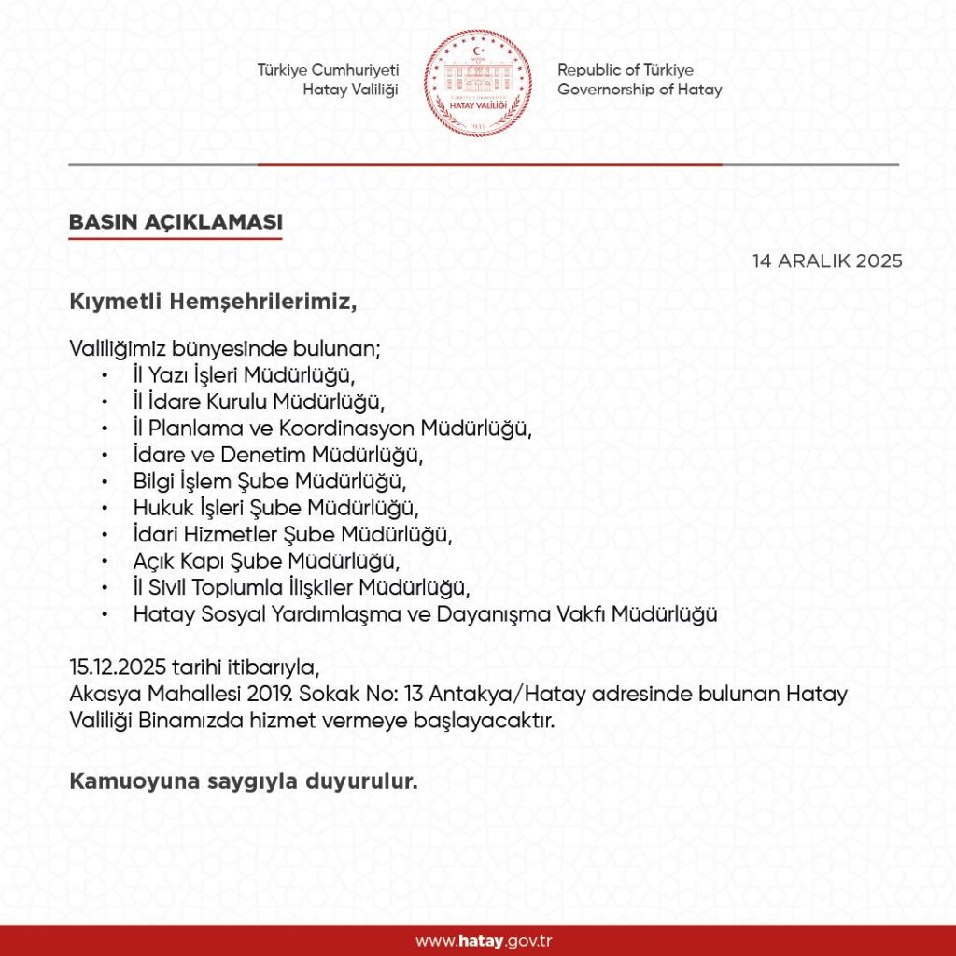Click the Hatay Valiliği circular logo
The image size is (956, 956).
point(478,83)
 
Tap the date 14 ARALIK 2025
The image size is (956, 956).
point(827,261)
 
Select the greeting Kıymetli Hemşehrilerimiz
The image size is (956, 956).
point(214,302)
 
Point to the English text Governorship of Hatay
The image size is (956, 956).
point(639,91)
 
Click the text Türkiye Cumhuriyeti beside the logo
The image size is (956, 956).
point(329,71)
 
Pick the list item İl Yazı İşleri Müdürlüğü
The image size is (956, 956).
point(246,376)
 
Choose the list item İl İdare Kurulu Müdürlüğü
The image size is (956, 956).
point(259,402)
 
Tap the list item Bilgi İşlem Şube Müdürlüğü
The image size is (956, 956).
point(271,483)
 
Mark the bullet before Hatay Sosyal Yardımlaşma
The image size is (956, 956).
point(107,615)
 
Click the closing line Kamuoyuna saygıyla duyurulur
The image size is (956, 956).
point(243,781)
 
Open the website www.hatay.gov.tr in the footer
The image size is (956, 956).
point(477,941)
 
